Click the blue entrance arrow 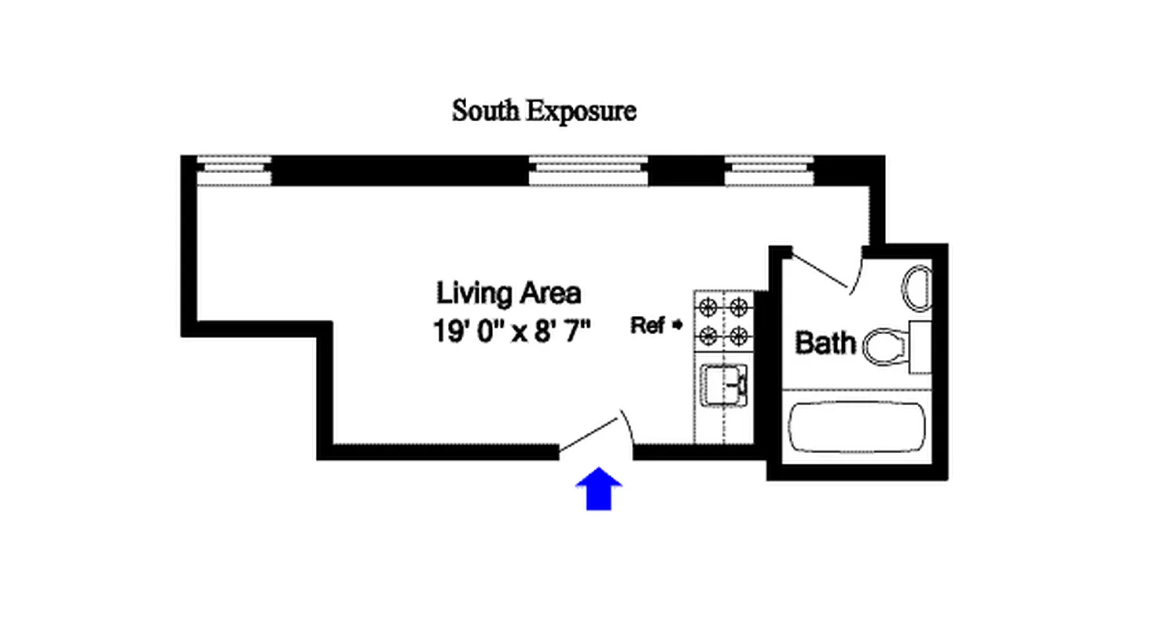tap(599, 489)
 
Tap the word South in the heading tap(485, 112)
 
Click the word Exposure tap(580, 112)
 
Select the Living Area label tap(509, 294)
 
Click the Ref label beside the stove tap(649, 326)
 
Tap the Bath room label tap(825, 343)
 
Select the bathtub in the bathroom tap(857, 427)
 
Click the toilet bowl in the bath tap(881, 346)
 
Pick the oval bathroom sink tap(917, 289)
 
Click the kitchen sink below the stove tap(724, 386)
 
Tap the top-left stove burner tap(707, 306)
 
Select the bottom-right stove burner tap(737, 337)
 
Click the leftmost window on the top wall tap(233, 171)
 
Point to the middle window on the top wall tap(588, 171)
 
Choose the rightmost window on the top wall tap(770, 171)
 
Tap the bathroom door tap(821, 272)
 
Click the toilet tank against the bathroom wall tap(920, 347)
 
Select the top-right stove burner tap(737, 306)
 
